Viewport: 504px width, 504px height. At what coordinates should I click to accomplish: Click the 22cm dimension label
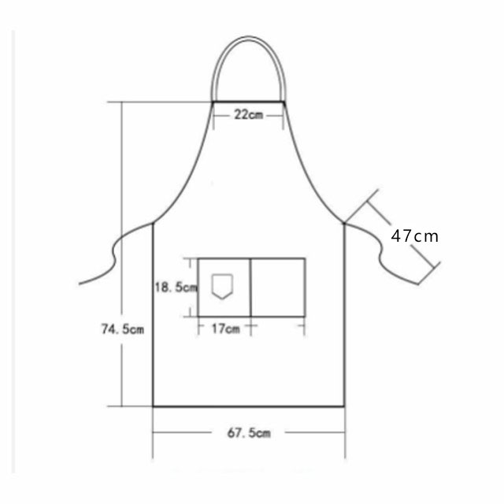[249, 114]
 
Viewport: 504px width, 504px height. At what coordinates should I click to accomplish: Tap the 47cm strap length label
[415, 236]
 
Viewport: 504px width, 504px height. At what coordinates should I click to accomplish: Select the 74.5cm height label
[123, 329]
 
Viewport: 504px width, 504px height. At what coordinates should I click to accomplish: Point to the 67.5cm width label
[249, 433]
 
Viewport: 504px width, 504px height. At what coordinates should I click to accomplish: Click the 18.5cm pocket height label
[176, 287]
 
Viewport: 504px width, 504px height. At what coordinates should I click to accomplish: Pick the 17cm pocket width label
[226, 328]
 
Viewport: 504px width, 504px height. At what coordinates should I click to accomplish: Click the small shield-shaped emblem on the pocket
[222, 287]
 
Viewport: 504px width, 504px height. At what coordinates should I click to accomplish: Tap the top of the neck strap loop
[249, 37]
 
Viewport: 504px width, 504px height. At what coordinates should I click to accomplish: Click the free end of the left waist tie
[80, 283]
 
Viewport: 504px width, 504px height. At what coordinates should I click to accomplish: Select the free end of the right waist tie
[418, 284]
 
